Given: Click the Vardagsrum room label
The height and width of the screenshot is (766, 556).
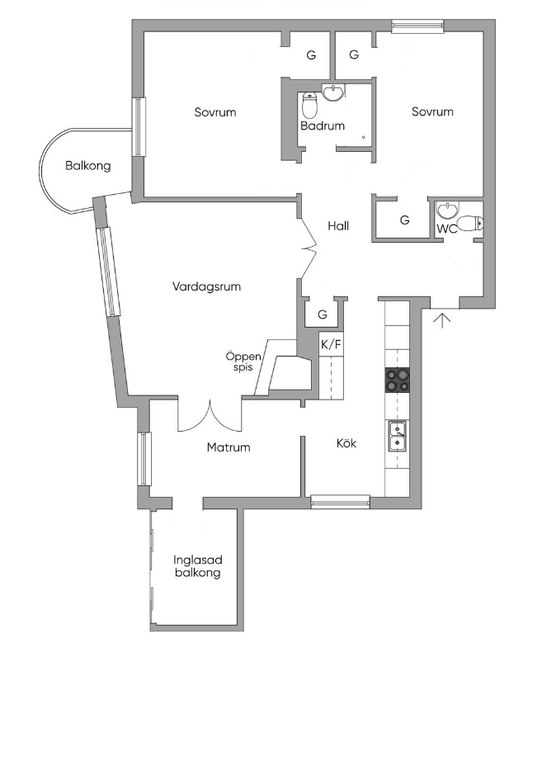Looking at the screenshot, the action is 206,286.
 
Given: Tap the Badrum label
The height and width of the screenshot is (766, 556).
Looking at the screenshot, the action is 323,126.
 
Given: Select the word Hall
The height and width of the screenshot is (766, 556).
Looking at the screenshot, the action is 338,226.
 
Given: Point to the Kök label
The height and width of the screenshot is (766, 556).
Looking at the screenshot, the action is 346,443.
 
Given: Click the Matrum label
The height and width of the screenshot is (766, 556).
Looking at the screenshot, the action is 229,447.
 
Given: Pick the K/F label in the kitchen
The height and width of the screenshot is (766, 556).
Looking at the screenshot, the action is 331,345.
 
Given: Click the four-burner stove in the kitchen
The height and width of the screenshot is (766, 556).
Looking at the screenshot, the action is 398,380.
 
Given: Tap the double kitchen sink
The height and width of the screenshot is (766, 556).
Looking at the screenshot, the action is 398,437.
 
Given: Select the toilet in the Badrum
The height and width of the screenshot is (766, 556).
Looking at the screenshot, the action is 309,103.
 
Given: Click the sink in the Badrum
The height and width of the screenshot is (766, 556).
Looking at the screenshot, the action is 333,92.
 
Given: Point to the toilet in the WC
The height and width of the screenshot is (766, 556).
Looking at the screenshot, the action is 470,224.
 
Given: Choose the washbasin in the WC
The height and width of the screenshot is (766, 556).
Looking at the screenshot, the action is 447,210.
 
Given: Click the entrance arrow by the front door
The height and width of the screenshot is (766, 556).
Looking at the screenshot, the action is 442,320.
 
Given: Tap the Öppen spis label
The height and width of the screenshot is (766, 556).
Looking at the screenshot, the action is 243,362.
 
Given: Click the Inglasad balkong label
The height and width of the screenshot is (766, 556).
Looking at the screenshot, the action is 198,567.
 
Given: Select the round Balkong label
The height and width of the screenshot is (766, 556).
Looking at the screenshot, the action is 88,166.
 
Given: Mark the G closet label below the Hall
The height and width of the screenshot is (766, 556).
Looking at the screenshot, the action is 323,315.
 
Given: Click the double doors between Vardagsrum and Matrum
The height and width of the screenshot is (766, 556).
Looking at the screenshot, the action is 210,416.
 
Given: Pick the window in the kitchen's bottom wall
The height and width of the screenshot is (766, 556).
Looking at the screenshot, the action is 340,502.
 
